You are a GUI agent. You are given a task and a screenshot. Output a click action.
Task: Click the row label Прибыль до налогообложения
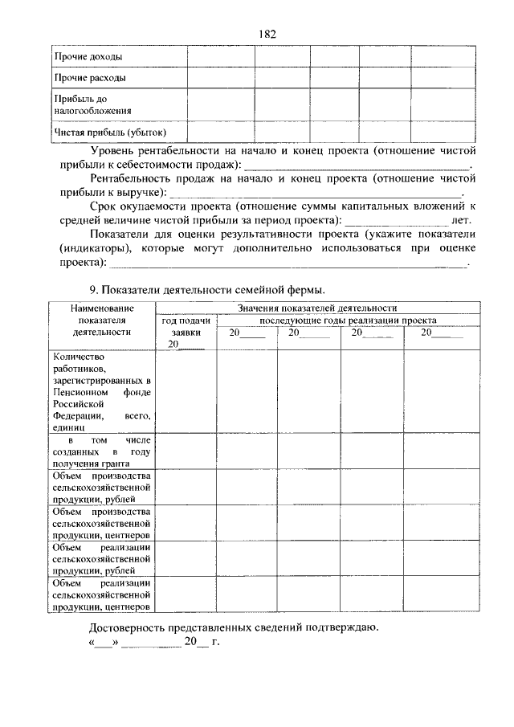click(92, 104)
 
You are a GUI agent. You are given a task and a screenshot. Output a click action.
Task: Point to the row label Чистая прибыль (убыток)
click(109, 131)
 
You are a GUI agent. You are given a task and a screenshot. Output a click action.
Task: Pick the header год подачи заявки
click(186, 325)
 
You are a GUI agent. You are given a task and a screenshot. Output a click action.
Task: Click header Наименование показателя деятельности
click(101, 319)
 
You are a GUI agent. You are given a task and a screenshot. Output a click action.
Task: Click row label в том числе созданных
click(101, 451)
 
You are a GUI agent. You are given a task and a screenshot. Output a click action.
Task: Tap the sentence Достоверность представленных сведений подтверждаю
click(233, 627)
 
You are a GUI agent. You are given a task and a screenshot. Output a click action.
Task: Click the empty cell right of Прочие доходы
click(221, 57)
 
